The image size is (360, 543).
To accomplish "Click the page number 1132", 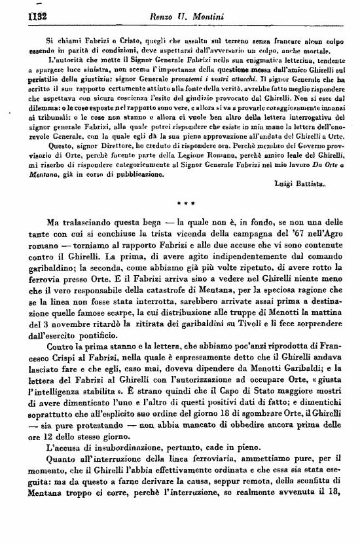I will (16, 10).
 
